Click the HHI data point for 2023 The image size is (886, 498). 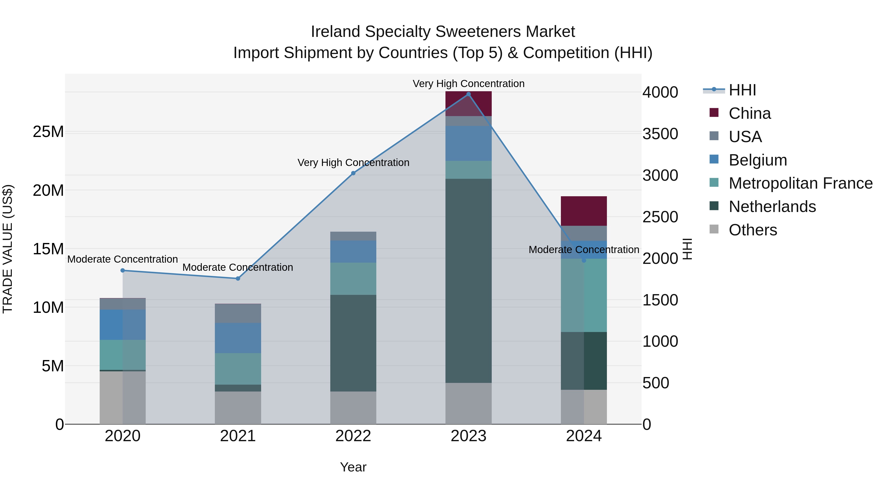click(x=468, y=94)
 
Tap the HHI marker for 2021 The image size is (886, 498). click(x=238, y=278)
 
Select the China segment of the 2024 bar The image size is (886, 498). click(x=584, y=211)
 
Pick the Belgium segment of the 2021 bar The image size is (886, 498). click(x=238, y=338)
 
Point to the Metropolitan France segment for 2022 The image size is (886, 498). click(x=353, y=279)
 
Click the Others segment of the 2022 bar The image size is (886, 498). click(x=353, y=407)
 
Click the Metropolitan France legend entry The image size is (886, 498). click(x=800, y=183)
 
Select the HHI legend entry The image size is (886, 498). click(x=742, y=90)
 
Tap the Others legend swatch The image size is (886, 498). click(x=714, y=229)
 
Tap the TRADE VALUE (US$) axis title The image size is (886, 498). click(x=8, y=249)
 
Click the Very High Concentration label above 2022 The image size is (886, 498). click(x=353, y=163)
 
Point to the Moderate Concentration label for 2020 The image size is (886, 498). click(x=123, y=259)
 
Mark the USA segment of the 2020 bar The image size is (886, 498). click(x=123, y=304)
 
